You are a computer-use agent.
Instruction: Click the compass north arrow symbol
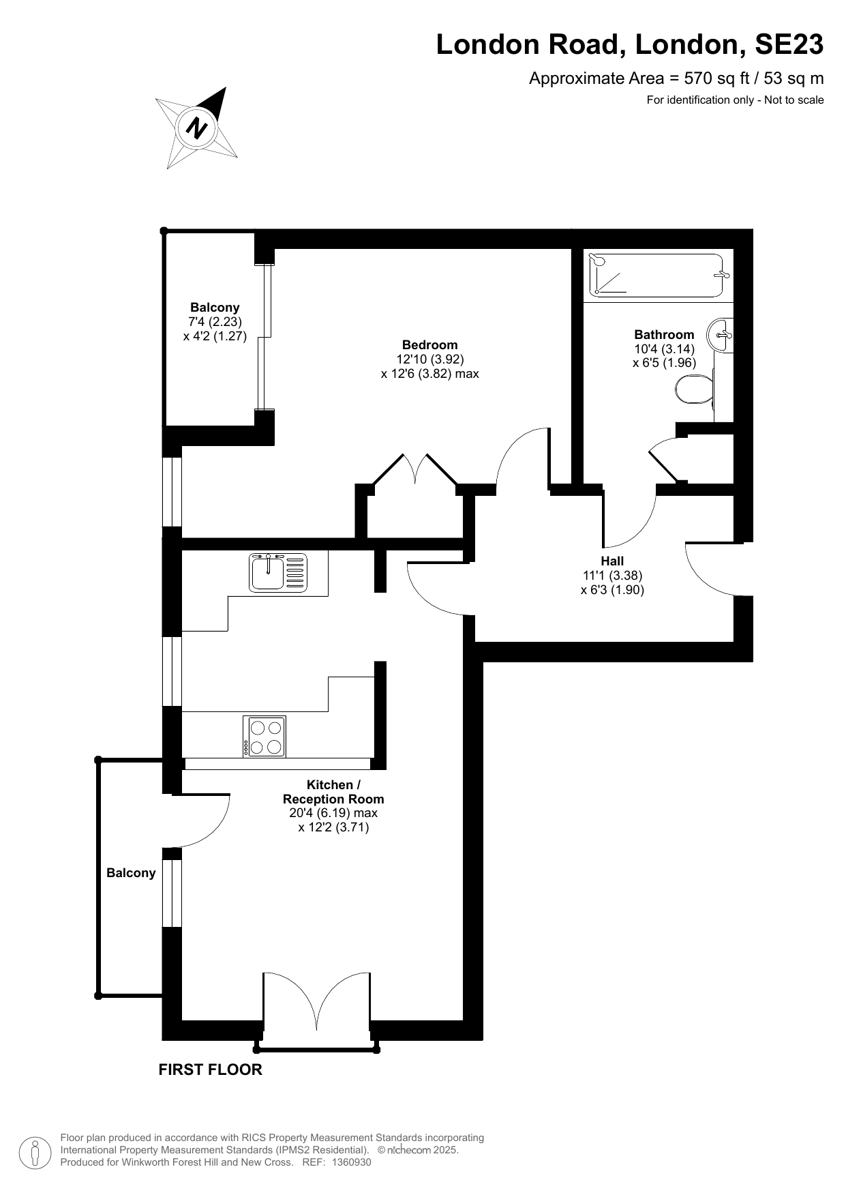tap(198, 128)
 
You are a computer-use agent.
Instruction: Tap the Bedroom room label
tap(429, 345)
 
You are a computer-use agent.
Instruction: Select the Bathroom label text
tap(664, 334)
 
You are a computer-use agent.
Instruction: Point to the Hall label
tap(612, 561)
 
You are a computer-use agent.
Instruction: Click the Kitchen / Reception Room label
tap(333, 792)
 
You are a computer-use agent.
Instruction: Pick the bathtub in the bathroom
tap(656, 276)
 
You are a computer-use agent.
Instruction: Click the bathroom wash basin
tap(721, 336)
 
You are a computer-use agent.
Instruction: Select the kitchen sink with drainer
tap(278, 572)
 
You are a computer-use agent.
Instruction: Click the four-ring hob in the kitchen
tap(265, 737)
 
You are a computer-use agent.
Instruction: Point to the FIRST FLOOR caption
tap(210, 1069)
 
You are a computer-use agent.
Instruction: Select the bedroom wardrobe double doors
tap(414, 470)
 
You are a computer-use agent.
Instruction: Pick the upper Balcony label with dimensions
tap(215, 321)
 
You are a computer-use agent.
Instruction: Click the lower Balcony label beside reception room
tap(131, 873)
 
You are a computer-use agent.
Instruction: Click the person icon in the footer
tap(35, 1152)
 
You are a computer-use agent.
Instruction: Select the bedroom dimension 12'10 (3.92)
tap(430, 359)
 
